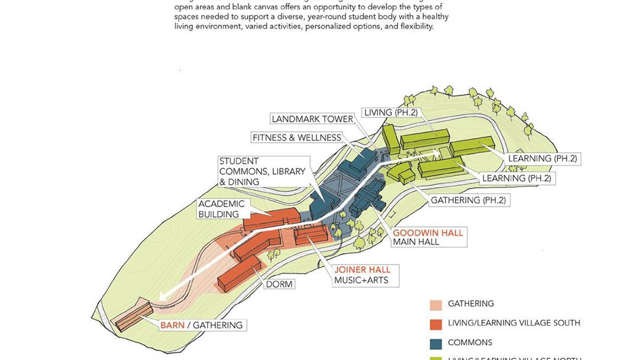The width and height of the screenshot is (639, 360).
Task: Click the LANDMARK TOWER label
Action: tap(312, 119)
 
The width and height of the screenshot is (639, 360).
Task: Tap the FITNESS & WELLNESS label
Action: tap(296, 138)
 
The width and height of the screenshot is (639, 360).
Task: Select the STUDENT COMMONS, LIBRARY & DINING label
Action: tap(262, 171)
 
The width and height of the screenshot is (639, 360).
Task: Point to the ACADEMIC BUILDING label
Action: tap(221, 209)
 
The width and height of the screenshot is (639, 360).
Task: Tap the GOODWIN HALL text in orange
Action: tap(428, 233)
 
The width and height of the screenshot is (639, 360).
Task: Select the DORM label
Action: tap(279, 284)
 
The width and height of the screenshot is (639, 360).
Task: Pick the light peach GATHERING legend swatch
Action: tap(436, 304)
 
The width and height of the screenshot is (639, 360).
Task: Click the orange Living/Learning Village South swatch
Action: tap(436, 324)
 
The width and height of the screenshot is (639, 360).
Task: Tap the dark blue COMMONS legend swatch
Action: tap(436, 343)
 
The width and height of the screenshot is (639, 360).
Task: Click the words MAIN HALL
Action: tap(416, 242)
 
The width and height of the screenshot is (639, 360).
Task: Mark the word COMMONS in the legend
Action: tap(470, 343)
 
